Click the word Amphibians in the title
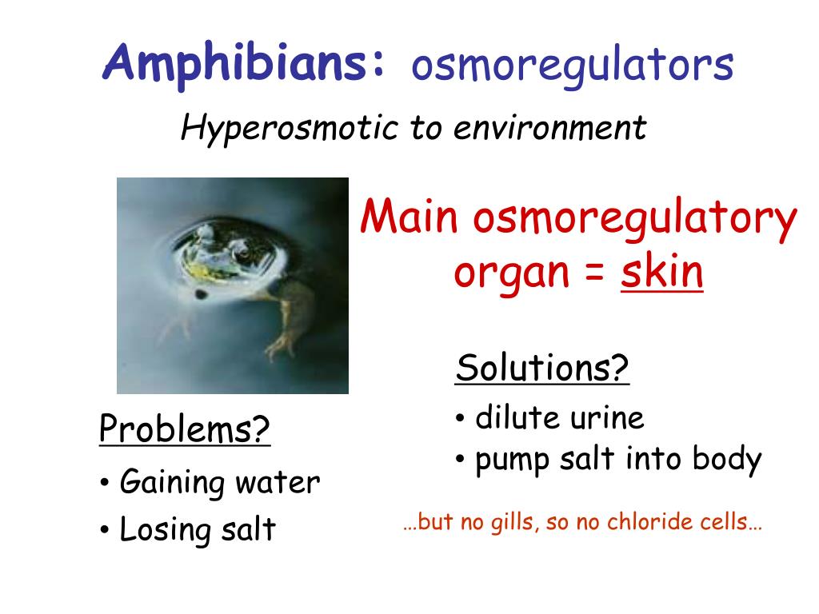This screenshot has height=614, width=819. click(x=244, y=63)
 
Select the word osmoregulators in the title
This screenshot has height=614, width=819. click(x=572, y=66)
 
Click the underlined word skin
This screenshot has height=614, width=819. click(x=662, y=273)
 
